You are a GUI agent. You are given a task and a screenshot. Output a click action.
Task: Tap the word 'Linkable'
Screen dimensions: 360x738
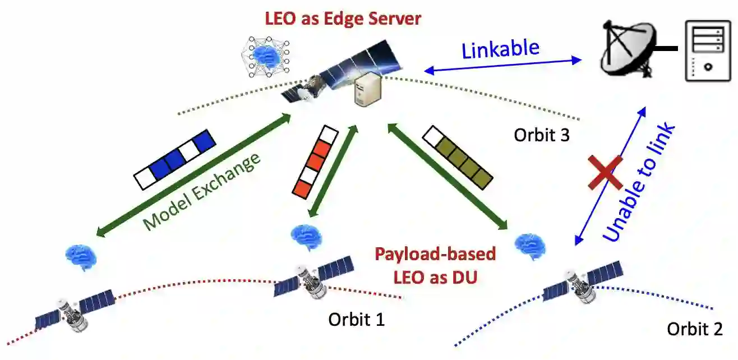[500, 49]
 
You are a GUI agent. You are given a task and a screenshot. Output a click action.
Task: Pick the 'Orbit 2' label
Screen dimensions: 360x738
[694, 329]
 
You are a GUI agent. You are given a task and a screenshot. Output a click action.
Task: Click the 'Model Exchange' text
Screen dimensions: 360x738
[202, 191]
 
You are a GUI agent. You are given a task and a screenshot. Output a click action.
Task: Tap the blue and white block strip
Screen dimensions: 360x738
[174, 159]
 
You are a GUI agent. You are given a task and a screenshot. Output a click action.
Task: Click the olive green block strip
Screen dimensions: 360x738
[458, 156]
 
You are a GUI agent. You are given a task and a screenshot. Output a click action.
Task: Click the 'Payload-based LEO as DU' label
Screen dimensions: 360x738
[435, 265]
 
